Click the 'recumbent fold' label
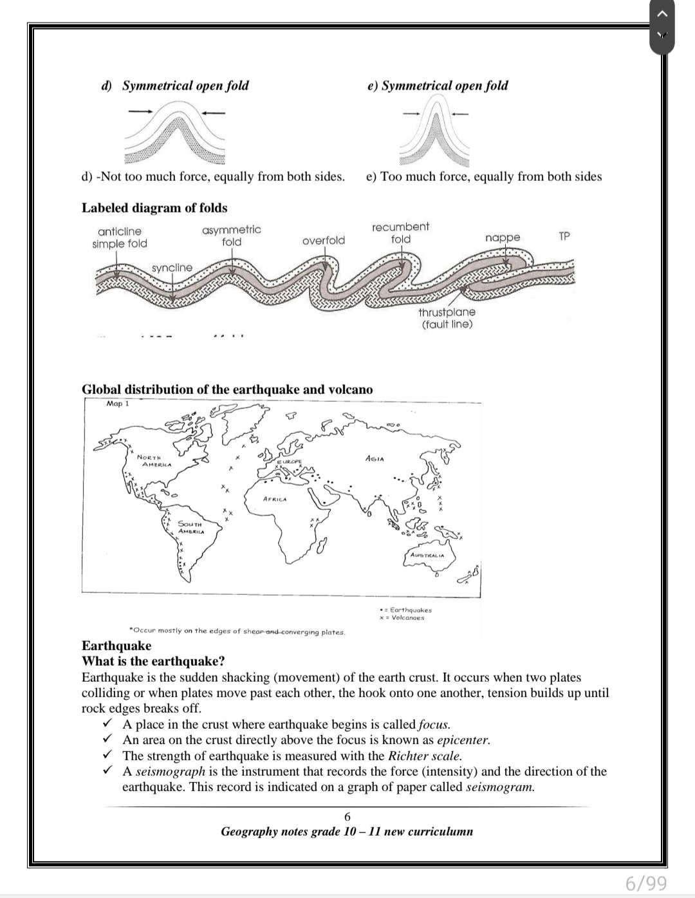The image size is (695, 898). pyautogui.click(x=400, y=233)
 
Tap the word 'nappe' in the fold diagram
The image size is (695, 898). pyautogui.click(x=503, y=238)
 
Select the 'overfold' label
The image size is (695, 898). pyautogui.click(x=324, y=241)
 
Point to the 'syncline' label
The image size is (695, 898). pyautogui.click(x=172, y=268)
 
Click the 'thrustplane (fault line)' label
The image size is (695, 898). pyautogui.click(x=447, y=318)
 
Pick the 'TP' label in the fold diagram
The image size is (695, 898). pyautogui.click(x=564, y=236)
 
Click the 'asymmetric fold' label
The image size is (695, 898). pyautogui.click(x=232, y=236)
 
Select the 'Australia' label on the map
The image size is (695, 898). pyautogui.click(x=427, y=554)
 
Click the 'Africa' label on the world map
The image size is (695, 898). pyautogui.click(x=275, y=499)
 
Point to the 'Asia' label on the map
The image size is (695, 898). pyautogui.click(x=375, y=459)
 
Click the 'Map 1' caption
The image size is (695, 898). pyautogui.click(x=118, y=404)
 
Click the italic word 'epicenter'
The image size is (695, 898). pyautogui.click(x=463, y=740)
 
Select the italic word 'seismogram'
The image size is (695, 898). pyautogui.click(x=500, y=787)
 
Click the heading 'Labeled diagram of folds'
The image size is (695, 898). pyautogui.click(x=154, y=208)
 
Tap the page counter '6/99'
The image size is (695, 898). pyautogui.click(x=646, y=883)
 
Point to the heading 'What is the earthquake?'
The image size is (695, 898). pyautogui.click(x=153, y=662)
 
